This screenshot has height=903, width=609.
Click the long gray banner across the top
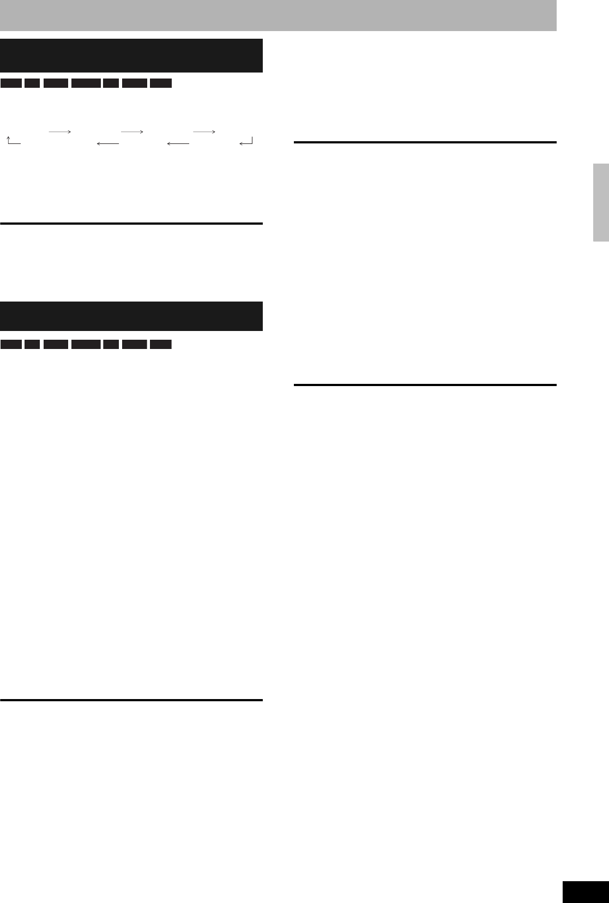tap(278, 15)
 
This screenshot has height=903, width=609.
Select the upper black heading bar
tap(131, 55)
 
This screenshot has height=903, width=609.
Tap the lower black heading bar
tap(131, 316)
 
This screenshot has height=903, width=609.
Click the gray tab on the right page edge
tap(601, 202)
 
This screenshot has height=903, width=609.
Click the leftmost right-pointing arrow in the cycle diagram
tap(60, 132)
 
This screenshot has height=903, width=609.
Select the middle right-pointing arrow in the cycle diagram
tap(132, 132)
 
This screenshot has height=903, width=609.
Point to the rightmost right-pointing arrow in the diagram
tap(204, 132)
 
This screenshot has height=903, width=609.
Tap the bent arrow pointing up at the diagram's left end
tap(13, 141)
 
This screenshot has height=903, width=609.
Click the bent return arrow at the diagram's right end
tap(246, 142)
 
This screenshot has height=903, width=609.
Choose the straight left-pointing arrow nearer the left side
tap(107, 143)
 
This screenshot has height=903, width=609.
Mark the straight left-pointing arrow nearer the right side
tap(178, 143)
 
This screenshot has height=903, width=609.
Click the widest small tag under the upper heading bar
tap(86, 83)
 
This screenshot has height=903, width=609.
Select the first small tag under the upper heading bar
tap(11, 83)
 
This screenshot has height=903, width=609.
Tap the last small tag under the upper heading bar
tap(161, 83)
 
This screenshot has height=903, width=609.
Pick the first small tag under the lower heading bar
tap(11, 345)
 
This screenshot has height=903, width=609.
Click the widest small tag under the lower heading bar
tap(86, 345)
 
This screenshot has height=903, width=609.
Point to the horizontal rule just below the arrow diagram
tap(131, 224)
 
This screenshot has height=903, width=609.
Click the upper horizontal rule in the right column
tap(425, 142)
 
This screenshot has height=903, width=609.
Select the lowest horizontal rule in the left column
tap(131, 700)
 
